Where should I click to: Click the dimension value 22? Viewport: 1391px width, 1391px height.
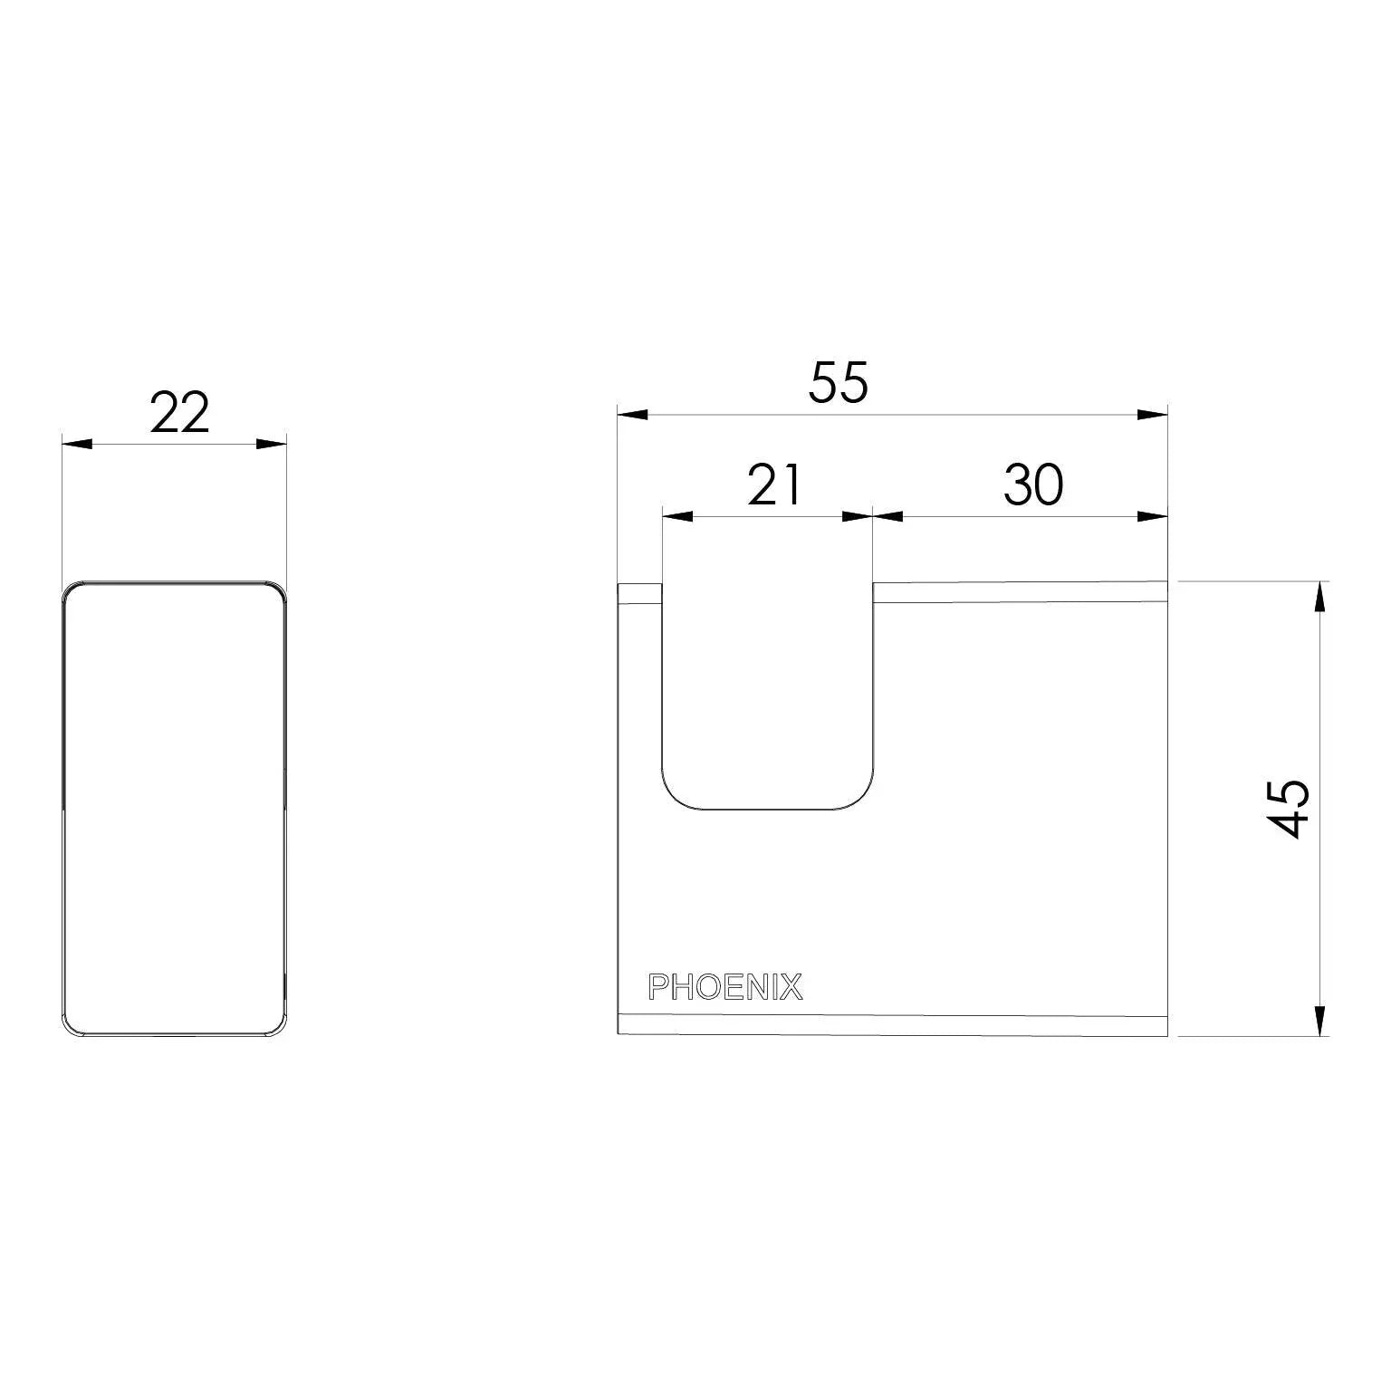tap(179, 413)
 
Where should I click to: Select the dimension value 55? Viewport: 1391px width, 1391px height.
tap(839, 382)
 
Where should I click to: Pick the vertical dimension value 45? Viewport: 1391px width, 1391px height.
tap(1287, 808)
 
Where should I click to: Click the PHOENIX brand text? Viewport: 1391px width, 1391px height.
tap(725, 987)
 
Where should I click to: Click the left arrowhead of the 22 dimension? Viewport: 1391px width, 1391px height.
tap(77, 444)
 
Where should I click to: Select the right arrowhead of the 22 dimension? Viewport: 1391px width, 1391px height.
tap(271, 444)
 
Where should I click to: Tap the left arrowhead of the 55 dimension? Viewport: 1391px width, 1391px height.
tap(632, 415)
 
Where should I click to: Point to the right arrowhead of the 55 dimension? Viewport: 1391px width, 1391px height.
tap(1152, 415)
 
